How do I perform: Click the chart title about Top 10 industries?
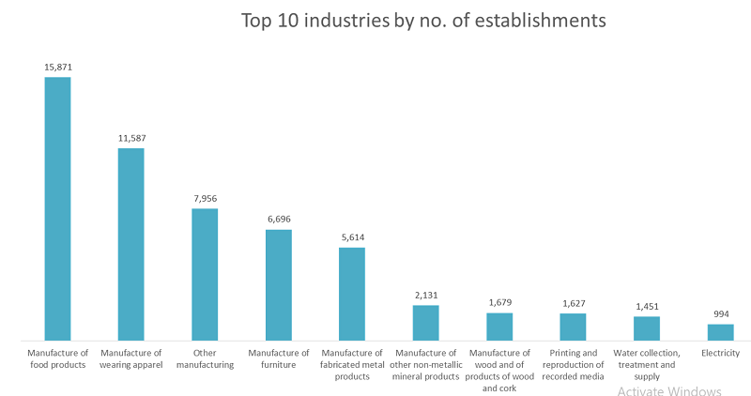[423, 19]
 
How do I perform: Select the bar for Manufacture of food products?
[57, 207]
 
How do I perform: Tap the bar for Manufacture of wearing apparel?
[130, 243]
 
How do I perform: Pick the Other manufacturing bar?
[205, 273]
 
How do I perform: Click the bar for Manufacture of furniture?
[279, 283]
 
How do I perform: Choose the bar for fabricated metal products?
[352, 293]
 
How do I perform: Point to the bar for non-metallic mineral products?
[425, 322]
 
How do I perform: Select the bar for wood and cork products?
[499, 326]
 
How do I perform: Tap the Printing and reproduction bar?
[573, 326]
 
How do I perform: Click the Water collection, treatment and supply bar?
[647, 327]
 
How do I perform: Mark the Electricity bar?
[720, 331]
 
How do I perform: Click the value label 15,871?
[57, 68]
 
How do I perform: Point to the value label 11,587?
[130, 139]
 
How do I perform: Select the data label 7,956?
[205, 199]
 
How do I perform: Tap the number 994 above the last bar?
[720, 314]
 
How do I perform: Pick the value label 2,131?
[425, 296]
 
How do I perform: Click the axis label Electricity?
[720, 353]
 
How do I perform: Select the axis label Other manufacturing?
[205, 358]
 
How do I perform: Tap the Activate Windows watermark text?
[669, 390]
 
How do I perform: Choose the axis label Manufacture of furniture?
[279, 358]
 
